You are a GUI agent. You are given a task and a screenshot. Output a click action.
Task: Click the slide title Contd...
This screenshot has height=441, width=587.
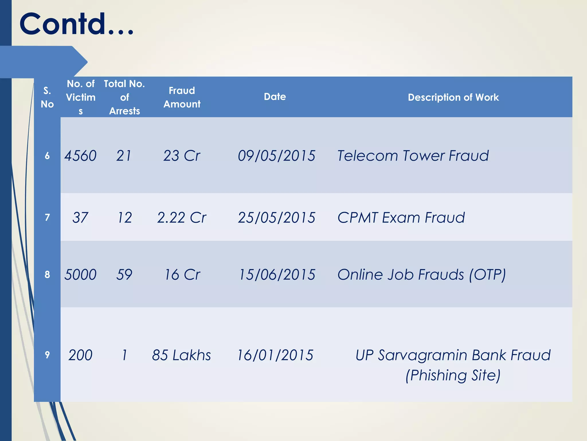click(x=76, y=24)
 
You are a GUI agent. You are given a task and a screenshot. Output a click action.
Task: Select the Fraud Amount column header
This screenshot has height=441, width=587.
click(x=182, y=97)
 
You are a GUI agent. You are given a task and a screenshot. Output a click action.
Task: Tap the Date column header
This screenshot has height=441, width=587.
click(x=275, y=97)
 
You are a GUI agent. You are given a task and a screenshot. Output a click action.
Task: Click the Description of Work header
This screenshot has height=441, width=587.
click(x=453, y=97)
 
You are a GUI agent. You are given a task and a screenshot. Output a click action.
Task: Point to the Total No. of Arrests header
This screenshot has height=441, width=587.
click(x=124, y=97)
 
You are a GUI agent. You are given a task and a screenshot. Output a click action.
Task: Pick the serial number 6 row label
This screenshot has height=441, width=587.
click(x=47, y=156)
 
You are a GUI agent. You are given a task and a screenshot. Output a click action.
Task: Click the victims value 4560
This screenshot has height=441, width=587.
click(x=80, y=156)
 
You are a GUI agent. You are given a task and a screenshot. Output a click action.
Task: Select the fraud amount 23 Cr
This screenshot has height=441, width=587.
click(x=182, y=156)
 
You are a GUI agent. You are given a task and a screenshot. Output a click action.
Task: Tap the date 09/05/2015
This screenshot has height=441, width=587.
click(x=276, y=156)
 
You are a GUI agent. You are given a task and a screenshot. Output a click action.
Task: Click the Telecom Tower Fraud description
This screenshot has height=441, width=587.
click(x=413, y=156)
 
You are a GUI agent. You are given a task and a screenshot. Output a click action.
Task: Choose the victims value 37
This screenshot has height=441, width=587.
click(x=80, y=218)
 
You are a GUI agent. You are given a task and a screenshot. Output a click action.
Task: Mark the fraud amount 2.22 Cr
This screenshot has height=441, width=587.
click(x=182, y=218)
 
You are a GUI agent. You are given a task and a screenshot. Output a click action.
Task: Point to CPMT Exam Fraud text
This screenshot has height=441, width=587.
click(x=401, y=218)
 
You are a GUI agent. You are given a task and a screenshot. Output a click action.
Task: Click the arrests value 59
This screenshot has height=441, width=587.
click(x=124, y=274)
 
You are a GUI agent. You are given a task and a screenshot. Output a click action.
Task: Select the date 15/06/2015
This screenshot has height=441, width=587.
click(x=277, y=274)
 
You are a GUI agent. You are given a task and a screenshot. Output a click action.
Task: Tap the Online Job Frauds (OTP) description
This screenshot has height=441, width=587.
click(x=422, y=274)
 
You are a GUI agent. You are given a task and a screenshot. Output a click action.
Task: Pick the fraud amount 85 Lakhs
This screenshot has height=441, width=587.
click(x=181, y=355)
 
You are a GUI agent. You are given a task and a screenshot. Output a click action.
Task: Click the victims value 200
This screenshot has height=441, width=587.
click(x=80, y=355)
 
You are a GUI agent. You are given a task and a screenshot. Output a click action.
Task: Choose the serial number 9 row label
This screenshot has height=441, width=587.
click(x=47, y=355)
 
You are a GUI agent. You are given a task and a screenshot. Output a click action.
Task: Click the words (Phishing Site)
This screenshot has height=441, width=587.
click(x=453, y=375)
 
